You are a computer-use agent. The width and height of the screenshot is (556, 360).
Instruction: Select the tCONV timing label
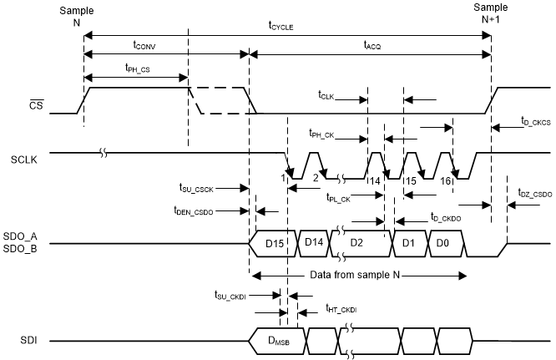click(149, 44)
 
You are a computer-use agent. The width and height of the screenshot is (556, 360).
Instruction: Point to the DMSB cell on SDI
click(278, 341)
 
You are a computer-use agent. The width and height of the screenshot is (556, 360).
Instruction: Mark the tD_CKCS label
click(534, 123)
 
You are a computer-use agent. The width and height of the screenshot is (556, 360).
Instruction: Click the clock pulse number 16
click(445, 178)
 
